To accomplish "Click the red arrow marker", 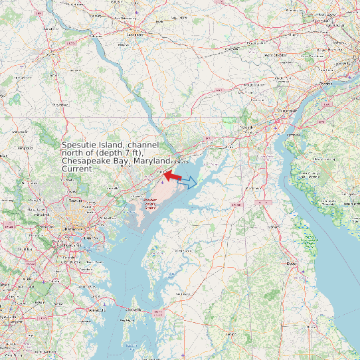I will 173,175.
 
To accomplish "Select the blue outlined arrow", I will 188,181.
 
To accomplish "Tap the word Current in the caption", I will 77,169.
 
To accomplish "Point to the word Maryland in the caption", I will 152,161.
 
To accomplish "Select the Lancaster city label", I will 135,31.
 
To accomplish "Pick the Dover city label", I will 291,264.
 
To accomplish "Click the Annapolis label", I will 97,310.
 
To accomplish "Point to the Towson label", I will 74,199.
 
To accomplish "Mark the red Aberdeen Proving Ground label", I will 151,203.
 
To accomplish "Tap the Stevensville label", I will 135,310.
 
